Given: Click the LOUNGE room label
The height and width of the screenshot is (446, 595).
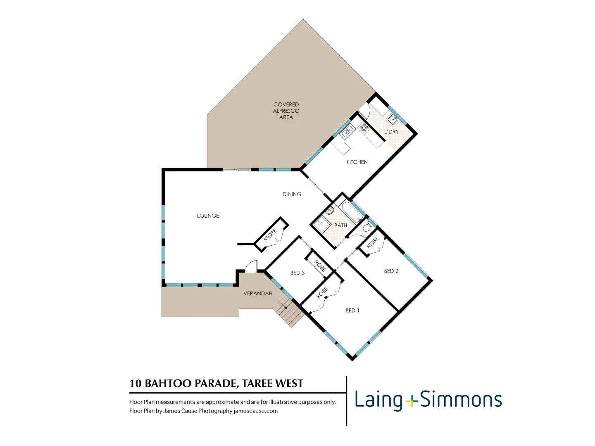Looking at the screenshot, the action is [208, 216].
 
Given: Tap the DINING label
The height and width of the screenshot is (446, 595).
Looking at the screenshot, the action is [292, 194].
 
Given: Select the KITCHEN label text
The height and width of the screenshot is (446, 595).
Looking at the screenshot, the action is [357, 162].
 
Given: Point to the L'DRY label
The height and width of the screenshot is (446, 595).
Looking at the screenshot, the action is [391, 132].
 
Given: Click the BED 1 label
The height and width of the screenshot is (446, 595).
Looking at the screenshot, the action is [352, 311].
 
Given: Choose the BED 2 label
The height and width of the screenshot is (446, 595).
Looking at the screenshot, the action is [391, 271].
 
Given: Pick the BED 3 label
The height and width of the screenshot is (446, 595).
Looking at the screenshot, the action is [297, 273].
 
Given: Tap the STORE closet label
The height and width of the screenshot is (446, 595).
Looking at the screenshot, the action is [270, 235].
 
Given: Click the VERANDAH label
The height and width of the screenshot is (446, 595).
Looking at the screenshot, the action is [258, 294].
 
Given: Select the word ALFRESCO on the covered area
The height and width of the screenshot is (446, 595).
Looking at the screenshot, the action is [286, 111].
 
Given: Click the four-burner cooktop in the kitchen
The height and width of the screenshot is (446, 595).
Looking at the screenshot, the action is [364, 128].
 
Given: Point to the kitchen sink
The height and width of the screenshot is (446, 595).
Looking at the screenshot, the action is [347, 131].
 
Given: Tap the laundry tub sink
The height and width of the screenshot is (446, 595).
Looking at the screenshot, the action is [393, 119].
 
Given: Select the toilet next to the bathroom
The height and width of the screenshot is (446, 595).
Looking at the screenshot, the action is [368, 227].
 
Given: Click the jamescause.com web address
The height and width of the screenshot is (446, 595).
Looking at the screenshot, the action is [255, 411].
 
